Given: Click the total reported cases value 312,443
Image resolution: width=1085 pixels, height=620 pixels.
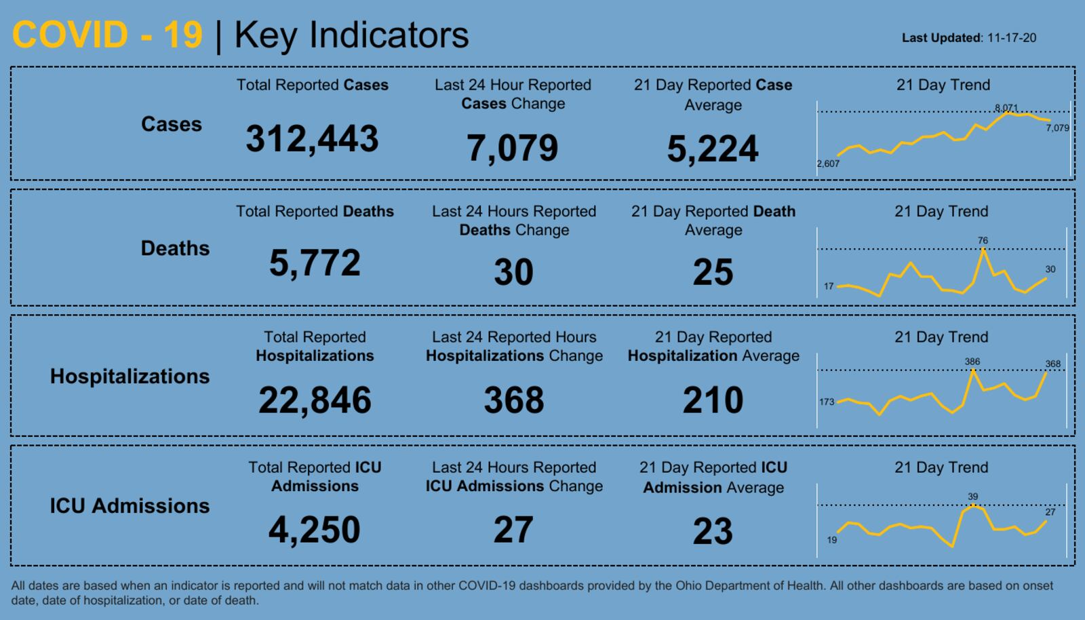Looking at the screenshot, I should (x=312, y=139).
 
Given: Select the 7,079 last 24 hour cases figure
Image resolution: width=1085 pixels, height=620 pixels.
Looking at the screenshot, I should (x=512, y=148).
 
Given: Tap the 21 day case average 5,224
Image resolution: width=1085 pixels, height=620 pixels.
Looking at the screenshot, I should (x=712, y=149).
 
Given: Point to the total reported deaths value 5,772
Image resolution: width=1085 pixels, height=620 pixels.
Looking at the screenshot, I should (x=315, y=263).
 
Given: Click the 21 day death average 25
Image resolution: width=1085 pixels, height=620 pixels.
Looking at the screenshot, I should (x=713, y=272).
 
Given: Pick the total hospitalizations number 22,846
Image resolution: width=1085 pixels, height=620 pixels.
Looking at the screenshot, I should (x=315, y=400).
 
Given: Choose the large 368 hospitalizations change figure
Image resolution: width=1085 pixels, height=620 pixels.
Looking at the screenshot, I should (x=513, y=400).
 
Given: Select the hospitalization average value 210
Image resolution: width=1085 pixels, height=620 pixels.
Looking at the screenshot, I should (x=713, y=400).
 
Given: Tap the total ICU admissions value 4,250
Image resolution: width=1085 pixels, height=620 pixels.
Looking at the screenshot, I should (x=315, y=530).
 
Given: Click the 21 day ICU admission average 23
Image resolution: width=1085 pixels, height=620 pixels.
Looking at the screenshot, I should (x=713, y=531).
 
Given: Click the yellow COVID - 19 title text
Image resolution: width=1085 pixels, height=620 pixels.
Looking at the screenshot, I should (x=107, y=35).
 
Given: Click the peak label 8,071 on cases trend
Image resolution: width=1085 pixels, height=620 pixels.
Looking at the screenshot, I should (x=1006, y=108).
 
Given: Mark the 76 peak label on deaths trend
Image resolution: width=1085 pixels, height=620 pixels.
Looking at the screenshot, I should (x=983, y=240).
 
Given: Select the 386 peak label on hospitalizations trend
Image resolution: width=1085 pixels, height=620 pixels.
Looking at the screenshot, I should (x=972, y=362).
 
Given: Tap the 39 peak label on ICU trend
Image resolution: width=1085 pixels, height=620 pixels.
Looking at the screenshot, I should (x=973, y=497).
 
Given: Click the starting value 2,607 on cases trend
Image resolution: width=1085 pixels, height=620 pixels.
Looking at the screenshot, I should (x=828, y=163).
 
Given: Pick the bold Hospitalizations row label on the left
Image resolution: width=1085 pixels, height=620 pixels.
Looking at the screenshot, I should (x=130, y=376).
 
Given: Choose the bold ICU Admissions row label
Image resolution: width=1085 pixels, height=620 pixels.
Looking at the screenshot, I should (x=130, y=506).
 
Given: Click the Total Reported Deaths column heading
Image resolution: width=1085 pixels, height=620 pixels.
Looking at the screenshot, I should (x=315, y=212).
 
